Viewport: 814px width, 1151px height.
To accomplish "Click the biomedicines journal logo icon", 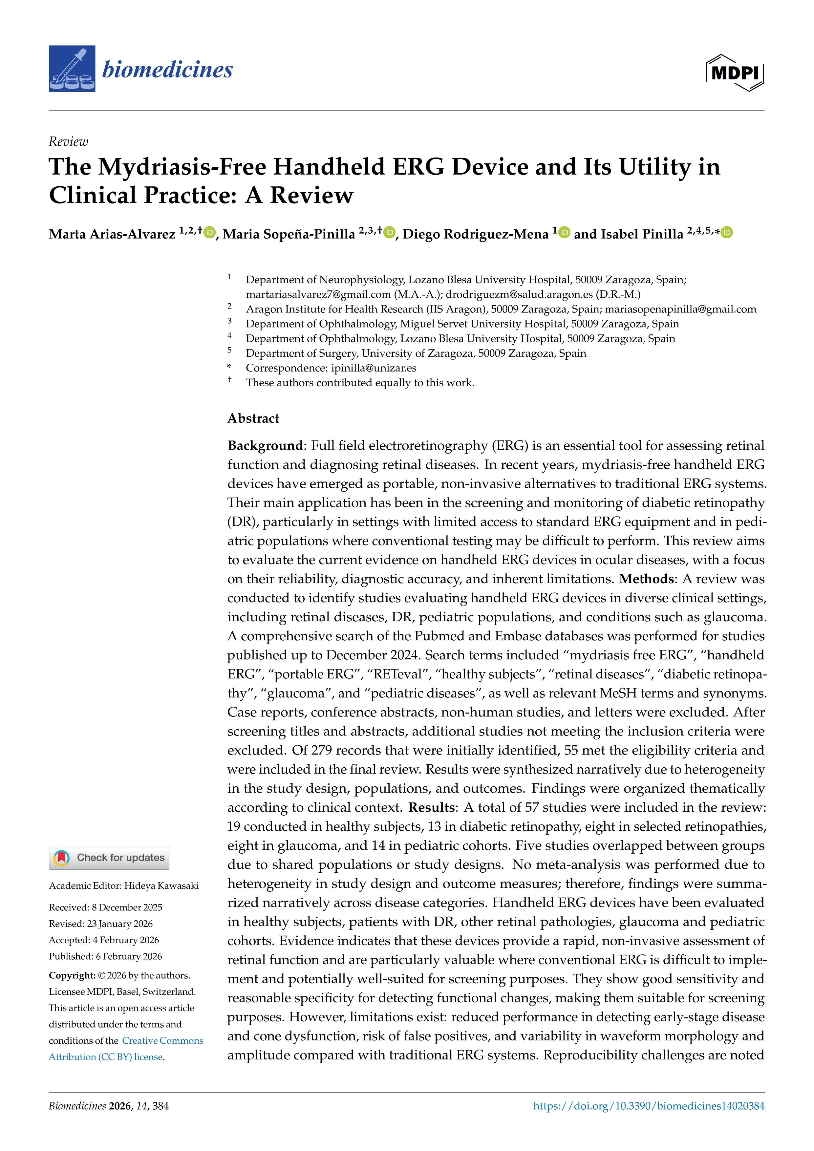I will (72, 69).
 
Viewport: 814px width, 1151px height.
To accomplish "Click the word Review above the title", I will (68, 142).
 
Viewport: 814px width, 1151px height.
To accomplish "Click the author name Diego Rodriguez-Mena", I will (475, 234).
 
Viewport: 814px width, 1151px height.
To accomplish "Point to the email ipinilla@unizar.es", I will (374, 368).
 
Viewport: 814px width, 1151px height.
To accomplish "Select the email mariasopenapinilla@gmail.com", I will (680, 309).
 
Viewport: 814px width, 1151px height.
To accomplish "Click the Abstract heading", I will (253, 418).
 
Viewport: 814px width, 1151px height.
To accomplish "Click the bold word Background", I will (265, 446).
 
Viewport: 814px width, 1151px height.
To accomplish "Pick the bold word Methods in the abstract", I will (646, 579).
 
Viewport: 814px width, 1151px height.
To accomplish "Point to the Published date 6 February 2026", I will (129, 956).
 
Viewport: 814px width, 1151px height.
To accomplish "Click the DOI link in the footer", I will (649, 1106).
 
